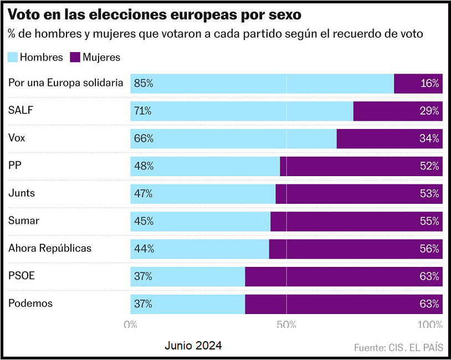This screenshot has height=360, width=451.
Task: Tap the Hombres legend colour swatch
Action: (13, 57)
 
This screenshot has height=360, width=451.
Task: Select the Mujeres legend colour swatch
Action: (73, 57)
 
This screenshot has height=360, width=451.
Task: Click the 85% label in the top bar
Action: (143, 84)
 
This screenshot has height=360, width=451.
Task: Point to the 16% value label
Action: (429, 84)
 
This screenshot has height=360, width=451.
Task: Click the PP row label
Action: (15, 166)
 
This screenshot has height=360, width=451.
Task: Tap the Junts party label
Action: (22, 193)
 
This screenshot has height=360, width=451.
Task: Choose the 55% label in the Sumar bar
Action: (429, 221)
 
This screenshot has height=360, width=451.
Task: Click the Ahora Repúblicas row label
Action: (50, 248)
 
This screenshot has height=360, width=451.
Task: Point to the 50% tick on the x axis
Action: (286, 325)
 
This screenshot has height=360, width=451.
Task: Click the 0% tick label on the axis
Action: (130, 325)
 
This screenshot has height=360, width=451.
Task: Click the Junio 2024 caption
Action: (193, 346)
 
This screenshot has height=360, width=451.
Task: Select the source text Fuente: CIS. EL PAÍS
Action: (398, 348)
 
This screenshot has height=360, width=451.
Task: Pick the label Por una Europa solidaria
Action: (65, 83)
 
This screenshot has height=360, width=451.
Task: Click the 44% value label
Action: (143, 249)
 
